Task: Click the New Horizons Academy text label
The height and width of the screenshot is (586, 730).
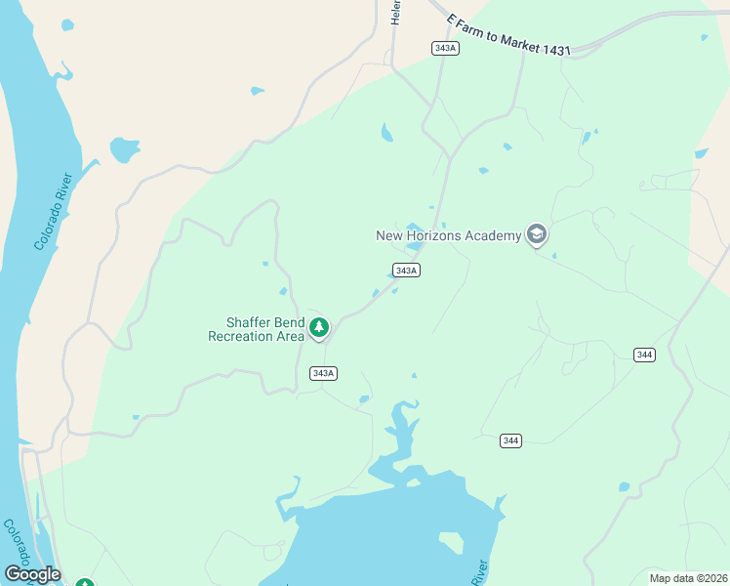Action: (x=449, y=235)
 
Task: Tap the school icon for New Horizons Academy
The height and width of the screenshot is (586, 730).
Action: (x=535, y=234)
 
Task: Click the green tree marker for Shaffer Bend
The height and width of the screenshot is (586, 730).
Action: (x=318, y=328)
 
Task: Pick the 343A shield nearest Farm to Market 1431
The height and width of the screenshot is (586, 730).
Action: (x=444, y=48)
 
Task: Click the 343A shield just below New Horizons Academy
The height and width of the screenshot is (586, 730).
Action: (x=406, y=270)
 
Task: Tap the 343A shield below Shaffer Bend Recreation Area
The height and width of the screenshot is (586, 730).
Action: (x=323, y=373)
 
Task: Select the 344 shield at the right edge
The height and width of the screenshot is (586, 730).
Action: (x=643, y=355)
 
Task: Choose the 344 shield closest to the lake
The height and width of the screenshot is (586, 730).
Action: (x=510, y=440)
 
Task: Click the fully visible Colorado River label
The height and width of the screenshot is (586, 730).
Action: (x=55, y=211)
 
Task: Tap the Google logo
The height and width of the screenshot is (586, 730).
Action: (x=32, y=574)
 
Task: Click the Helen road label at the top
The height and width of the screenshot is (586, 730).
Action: (x=396, y=12)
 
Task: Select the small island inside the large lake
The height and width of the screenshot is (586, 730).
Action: (x=451, y=542)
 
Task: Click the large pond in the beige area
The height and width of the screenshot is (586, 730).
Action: (x=124, y=150)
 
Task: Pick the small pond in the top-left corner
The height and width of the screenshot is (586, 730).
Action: (x=66, y=24)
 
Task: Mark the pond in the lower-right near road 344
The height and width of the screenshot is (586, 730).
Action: (x=624, y=486)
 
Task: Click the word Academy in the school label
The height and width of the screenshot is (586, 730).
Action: (x=493, y=235)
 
